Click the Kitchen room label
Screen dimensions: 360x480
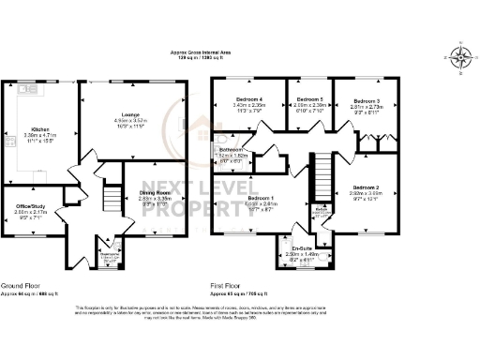39,128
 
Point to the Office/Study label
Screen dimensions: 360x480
31,205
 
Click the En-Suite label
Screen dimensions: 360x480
296,247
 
